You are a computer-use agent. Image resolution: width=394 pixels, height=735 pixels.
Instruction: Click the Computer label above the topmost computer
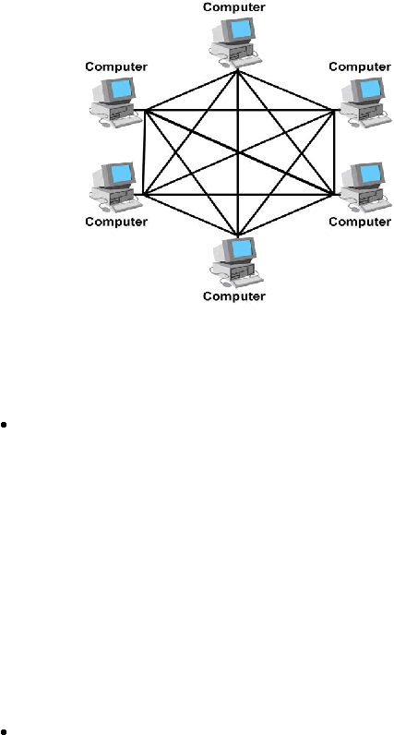tap(234, 7)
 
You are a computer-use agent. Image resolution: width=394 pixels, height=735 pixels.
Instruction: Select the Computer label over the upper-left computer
tap(116, 67)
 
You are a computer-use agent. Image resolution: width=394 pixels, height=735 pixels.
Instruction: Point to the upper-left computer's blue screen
tap(122, 88)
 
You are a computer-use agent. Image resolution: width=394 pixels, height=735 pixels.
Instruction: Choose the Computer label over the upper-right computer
tap(360, 67)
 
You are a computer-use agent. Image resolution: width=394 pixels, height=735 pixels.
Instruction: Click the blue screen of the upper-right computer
tap(371, 88)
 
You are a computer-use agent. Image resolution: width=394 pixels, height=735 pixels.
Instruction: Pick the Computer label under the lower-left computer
tap(116, 222)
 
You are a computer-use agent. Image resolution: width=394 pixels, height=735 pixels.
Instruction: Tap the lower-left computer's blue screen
tap(122, 173)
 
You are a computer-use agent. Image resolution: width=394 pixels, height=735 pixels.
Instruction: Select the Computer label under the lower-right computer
tap(360, 222)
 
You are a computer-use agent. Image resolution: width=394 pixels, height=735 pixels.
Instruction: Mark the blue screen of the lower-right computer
tap(371, 173)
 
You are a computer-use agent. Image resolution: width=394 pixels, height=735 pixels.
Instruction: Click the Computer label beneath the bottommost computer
tap(234, 296)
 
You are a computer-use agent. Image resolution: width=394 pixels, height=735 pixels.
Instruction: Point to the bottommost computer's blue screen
tap(242, 248)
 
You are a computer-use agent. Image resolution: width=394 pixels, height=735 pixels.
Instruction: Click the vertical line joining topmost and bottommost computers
tap(238, 152)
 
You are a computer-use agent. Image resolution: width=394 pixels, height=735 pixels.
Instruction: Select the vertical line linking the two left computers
tap(144, 152)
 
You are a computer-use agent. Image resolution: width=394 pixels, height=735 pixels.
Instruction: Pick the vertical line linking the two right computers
tap(335, 151)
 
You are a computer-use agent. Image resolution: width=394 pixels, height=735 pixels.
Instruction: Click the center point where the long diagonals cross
tap(238, 152)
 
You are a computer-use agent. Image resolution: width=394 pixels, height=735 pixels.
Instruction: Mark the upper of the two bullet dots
tap(4, 425)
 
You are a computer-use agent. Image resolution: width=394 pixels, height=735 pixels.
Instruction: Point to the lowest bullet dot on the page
tap(4, 731)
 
